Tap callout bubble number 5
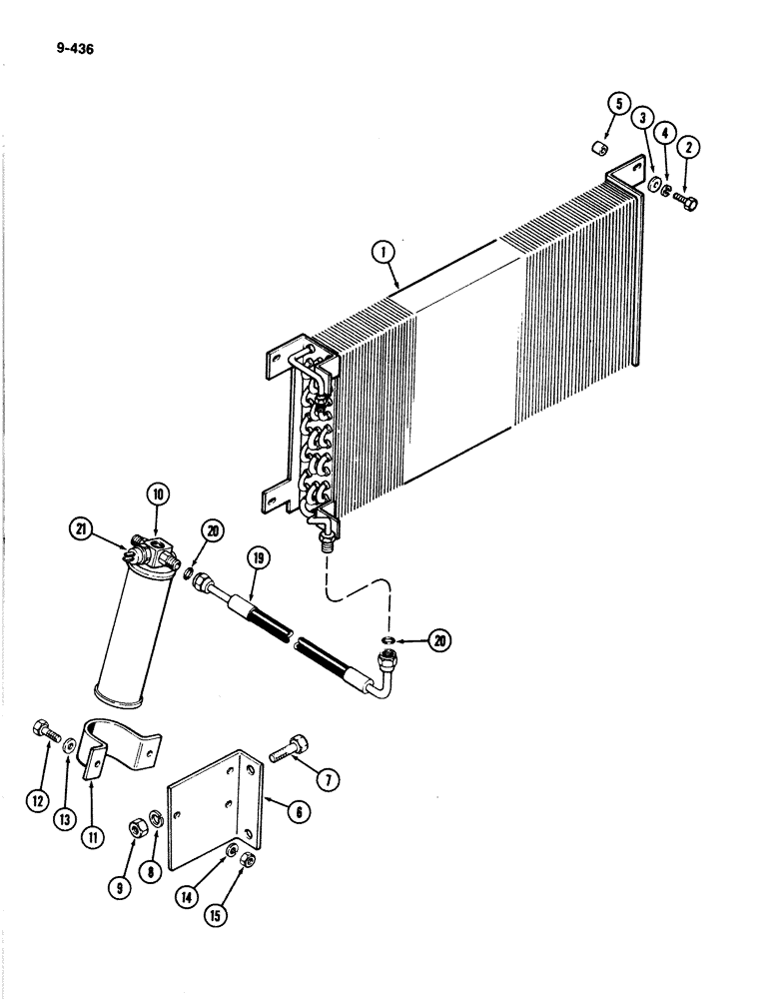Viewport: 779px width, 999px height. coord(618,104)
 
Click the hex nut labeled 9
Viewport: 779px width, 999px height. coord(136,825)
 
